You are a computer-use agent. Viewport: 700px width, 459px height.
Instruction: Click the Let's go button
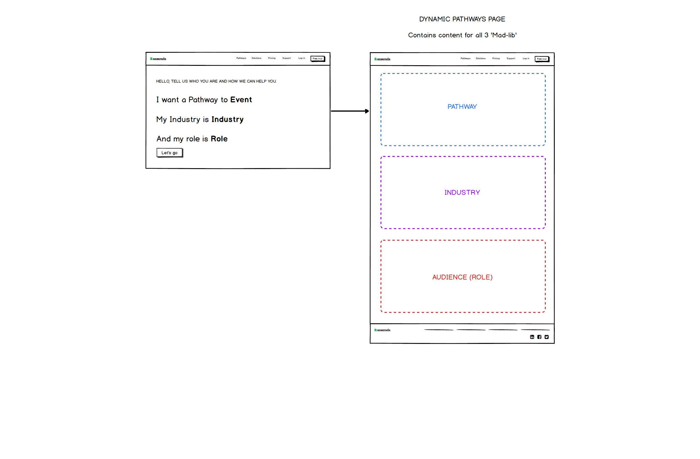click(170, 153)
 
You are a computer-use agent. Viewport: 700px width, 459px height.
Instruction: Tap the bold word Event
click(241, 100)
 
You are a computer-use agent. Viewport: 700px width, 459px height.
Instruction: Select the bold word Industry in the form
click(228, 119)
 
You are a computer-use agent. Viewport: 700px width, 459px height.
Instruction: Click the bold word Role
click(219, 139)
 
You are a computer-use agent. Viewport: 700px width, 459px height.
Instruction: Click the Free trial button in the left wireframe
click(318, 59)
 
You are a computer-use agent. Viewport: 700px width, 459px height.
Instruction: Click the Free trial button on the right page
click(542, 59)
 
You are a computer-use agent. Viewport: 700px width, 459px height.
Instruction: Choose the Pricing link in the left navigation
click(272, 58)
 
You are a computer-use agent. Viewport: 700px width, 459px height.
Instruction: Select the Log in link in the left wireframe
click(302, 58)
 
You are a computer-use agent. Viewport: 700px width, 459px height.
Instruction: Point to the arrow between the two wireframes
click(350, 111)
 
